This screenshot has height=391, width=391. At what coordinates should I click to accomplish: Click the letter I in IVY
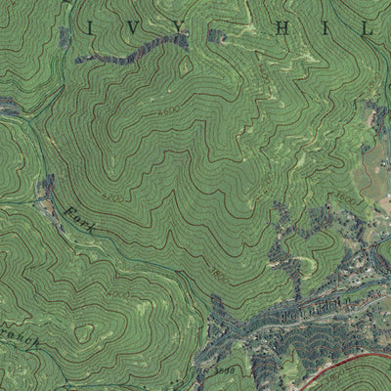click(88, 28)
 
